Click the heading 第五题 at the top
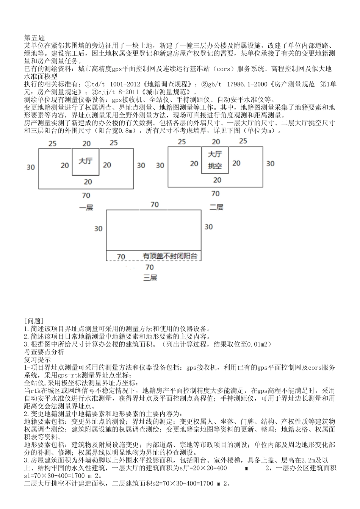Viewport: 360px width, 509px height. (34, 38)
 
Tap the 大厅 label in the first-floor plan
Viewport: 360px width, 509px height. (85, 161)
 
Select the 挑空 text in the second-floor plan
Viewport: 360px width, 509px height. (215, 166)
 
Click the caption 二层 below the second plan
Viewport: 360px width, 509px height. (216, 207)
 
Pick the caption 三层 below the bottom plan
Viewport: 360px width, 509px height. (150, 278)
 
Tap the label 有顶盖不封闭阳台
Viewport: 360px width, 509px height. (170, 256)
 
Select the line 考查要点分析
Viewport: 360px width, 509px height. (44, 352)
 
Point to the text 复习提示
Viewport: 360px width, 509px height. (37, 359)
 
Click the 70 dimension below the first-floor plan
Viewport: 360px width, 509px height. (86, 195)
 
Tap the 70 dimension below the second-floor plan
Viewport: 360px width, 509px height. (215, 194)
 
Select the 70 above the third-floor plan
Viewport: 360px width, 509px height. (155, 205)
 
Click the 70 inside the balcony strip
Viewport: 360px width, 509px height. (121, 257)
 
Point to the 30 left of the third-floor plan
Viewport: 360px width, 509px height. (98, 228)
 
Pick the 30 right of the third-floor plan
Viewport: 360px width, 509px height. (208, 226)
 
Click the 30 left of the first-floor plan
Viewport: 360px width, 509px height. (31, 167)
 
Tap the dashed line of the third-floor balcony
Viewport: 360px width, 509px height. (153, 261)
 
